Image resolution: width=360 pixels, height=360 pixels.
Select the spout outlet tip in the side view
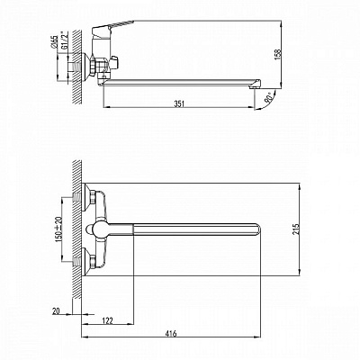(x=265, y=87)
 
